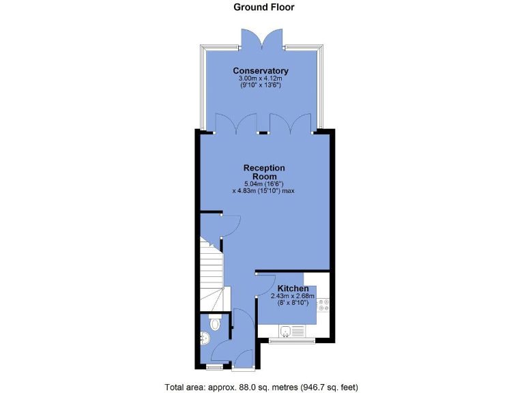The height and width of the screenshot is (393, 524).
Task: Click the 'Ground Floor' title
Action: (264, 8)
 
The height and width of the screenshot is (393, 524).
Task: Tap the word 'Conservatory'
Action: (260, 71)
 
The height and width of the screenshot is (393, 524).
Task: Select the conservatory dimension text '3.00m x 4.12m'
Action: (260, 79)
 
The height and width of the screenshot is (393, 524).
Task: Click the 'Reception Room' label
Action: (264, 172)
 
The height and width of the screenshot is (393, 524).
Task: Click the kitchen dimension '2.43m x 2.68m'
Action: (293, 296)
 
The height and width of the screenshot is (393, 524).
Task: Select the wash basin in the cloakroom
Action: (205, 336)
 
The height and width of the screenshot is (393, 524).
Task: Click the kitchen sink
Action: (287, 332)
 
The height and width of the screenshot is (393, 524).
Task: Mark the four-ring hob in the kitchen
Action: (323, 305)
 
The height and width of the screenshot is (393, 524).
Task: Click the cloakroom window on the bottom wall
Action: (214, 368)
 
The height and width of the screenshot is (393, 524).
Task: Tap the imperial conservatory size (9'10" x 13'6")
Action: (260, 87)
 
